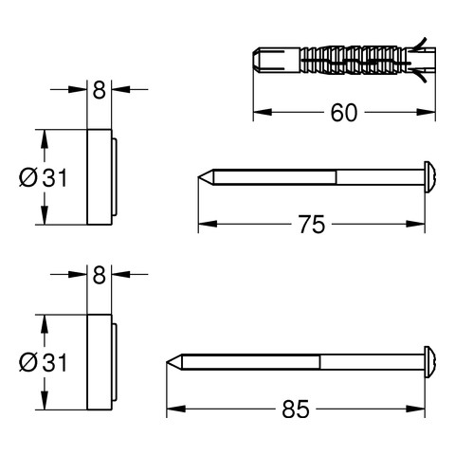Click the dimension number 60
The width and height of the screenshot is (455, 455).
coord(344,113)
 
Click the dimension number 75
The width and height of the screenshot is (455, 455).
coord(312,225)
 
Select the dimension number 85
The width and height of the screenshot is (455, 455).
coord(296,409)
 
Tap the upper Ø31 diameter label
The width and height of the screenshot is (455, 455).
coord(43,177)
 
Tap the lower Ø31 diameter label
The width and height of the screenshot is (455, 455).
coord(43,362)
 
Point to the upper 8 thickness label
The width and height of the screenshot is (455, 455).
coord(99,90)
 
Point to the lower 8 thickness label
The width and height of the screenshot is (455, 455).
coord(99,275)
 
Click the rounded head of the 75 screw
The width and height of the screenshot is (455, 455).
coord(430,177)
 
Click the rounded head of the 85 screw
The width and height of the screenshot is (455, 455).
coord(430,362)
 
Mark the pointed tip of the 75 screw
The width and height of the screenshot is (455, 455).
coord(198,177)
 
